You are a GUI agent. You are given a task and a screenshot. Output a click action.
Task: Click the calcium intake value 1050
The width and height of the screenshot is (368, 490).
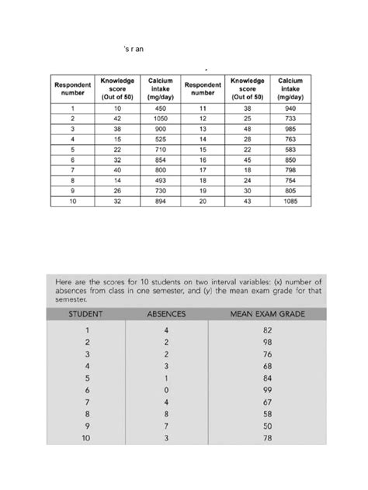tap(161, 119)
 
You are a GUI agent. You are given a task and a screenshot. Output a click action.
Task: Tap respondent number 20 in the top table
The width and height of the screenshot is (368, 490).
tap(203, 202)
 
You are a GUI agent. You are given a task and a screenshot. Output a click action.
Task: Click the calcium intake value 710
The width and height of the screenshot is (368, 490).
tap(161, 150)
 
